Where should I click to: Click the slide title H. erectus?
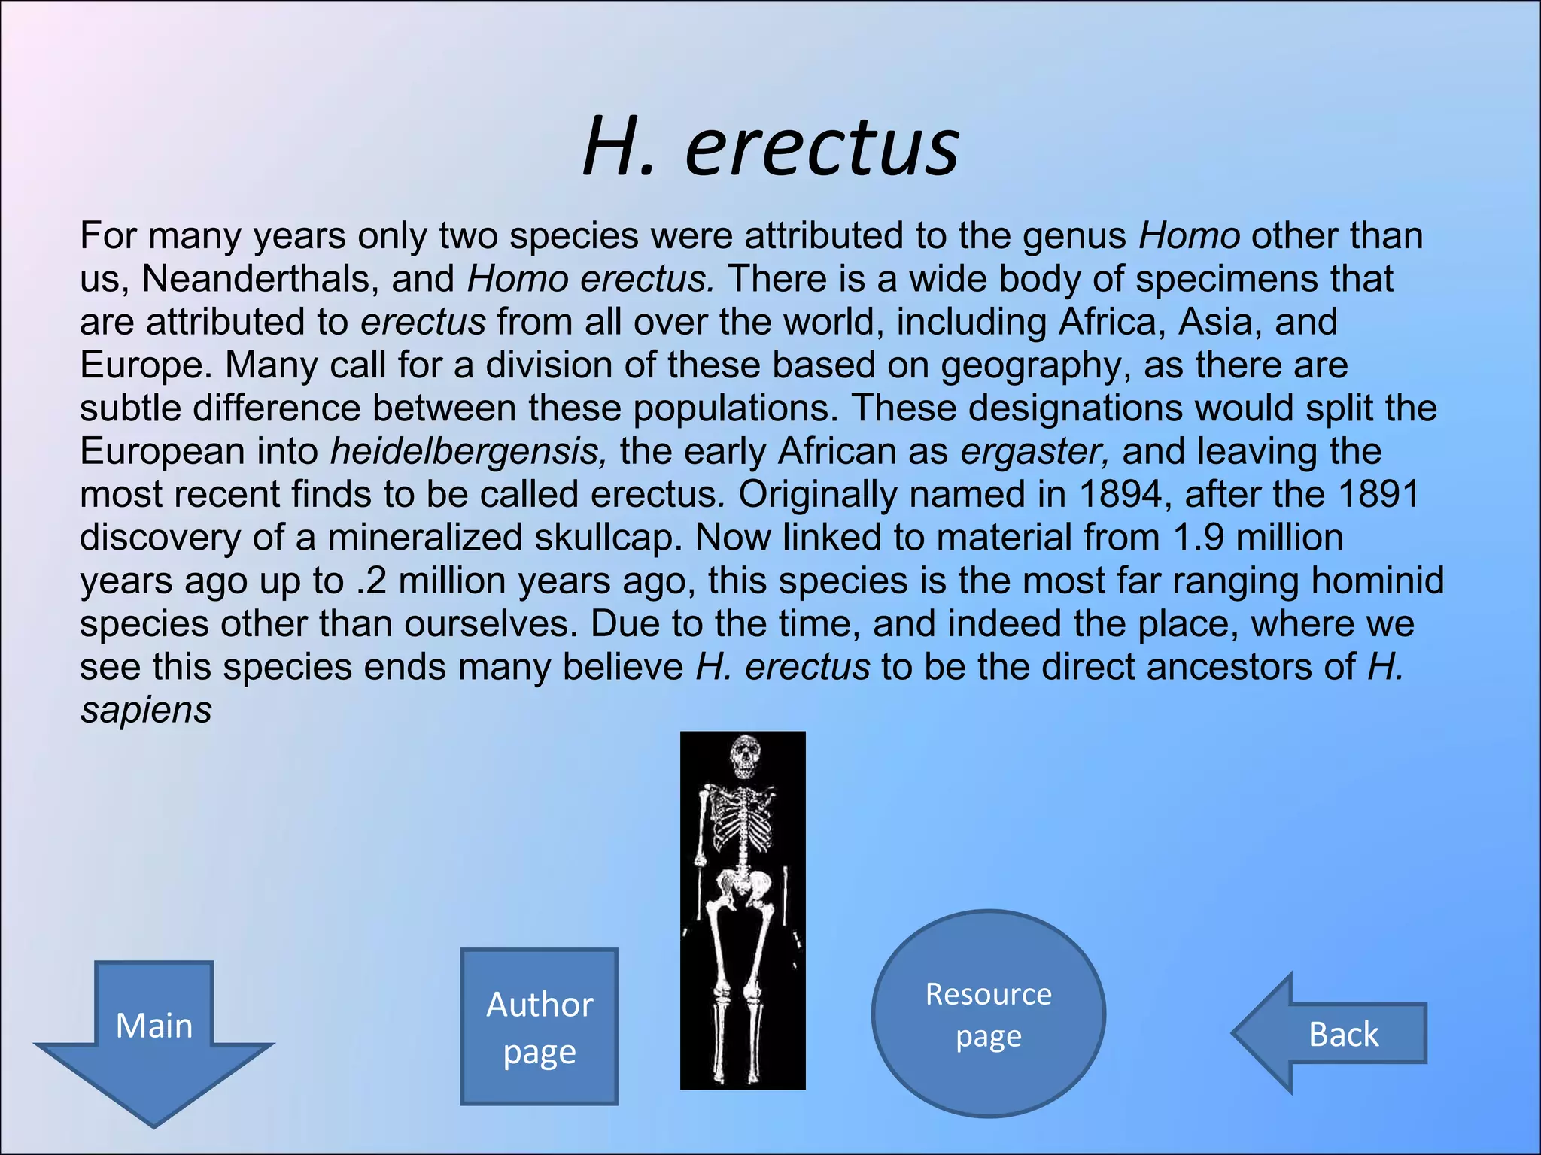coord(770,147)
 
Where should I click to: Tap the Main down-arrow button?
coord(154,1034)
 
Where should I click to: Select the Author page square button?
coord(539,1027)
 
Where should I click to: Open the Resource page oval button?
coord(988,1014)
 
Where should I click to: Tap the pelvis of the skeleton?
coord(743,887)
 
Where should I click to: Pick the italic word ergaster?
coord(1035,452)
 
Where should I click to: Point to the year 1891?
coord(1378,495)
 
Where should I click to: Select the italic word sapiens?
coord(146,711)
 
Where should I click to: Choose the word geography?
coord(1036,366)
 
